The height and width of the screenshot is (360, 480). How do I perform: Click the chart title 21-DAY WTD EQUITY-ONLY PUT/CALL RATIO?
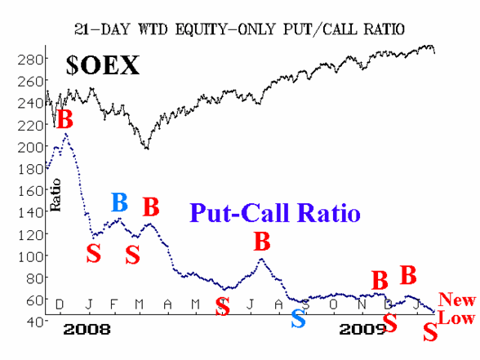[240, 29]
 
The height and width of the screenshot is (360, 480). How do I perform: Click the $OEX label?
[103, 65]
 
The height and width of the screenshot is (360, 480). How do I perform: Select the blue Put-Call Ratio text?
[275, 213]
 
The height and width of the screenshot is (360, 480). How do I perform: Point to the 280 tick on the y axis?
[30, 60]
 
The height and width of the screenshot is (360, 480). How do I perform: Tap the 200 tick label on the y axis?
[30, 148]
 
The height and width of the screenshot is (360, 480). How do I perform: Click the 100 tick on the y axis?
[30, 256]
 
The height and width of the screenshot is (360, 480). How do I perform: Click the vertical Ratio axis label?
[56, 195]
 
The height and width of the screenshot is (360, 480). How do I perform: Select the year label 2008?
[87, 330]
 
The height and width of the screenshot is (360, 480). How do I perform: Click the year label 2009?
[362, 330]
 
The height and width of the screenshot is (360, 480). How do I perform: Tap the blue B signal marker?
[119, 202]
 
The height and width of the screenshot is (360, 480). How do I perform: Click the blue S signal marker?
[298, 318]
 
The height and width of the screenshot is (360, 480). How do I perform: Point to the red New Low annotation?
[456, 309]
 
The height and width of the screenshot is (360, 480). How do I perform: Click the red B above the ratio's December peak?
[65, 119]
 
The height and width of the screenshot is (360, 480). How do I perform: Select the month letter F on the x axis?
[113, 304]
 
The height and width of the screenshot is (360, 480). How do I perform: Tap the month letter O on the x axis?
[333, 304]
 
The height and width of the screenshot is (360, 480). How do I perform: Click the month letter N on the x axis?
[362, 304]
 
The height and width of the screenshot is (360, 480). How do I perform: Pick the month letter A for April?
[167, 304]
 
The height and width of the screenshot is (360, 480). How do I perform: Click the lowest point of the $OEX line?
[148, 149]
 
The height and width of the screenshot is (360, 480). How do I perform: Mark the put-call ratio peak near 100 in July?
[261, 259]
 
